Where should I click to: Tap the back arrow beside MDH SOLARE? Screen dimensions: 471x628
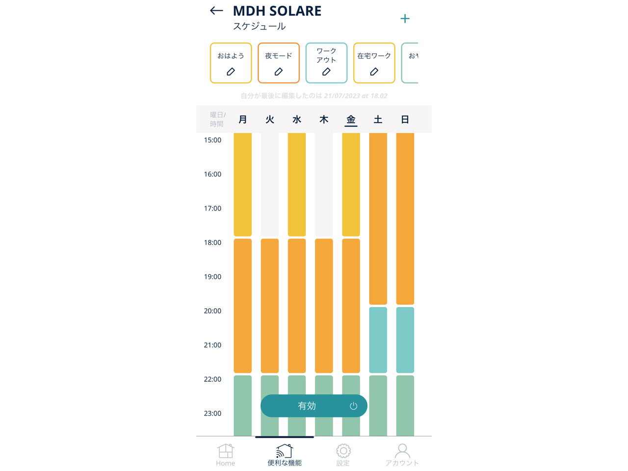coord(216,11)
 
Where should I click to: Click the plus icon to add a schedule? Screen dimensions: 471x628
coord(405,19)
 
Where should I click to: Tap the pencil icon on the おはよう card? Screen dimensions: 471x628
coord(231,72)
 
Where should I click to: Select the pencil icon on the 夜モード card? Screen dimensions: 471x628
coord(279,72)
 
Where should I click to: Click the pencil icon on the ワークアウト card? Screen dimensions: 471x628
coord(326,72)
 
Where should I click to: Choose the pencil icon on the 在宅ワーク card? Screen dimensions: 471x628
coord(374,72)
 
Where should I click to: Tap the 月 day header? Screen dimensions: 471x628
coord(243,119)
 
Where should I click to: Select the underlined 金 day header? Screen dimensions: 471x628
coord(351,119)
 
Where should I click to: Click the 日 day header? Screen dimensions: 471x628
coord(405,119)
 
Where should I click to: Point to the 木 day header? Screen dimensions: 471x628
coord(324,119)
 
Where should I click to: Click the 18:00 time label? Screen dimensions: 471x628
coord(212,242)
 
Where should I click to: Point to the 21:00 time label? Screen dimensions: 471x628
coord(212,345)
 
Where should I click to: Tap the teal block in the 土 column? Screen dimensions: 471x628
coord(378,340)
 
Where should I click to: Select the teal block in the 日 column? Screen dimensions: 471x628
coord(405,340)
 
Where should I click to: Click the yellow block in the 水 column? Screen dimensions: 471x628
coord(297,184)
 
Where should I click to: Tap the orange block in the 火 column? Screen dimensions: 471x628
coord(270,305)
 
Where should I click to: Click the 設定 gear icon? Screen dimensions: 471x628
coord(343,451)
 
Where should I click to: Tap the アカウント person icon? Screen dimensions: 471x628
coord(402,451)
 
